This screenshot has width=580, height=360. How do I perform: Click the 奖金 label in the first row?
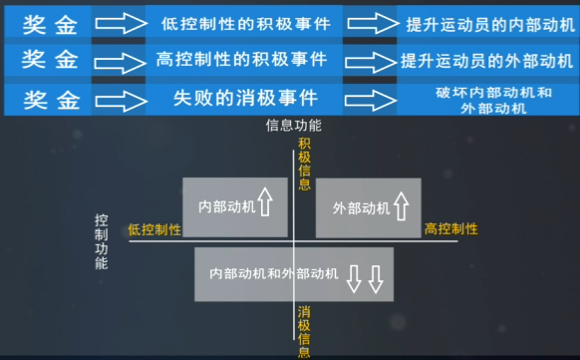click(x=51, y=22)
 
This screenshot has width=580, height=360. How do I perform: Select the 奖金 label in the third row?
click(x=51, y=99)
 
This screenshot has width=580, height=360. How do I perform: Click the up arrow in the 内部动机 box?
click(x=265, y=206)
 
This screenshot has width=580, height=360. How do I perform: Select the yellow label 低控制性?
click(x=154, y=229)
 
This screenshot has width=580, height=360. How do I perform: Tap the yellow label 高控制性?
click(x=451, y=229)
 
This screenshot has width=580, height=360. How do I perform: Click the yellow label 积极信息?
click(x=304, y=166)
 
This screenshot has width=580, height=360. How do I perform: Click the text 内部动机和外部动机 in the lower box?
click(x=274, y=273)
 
